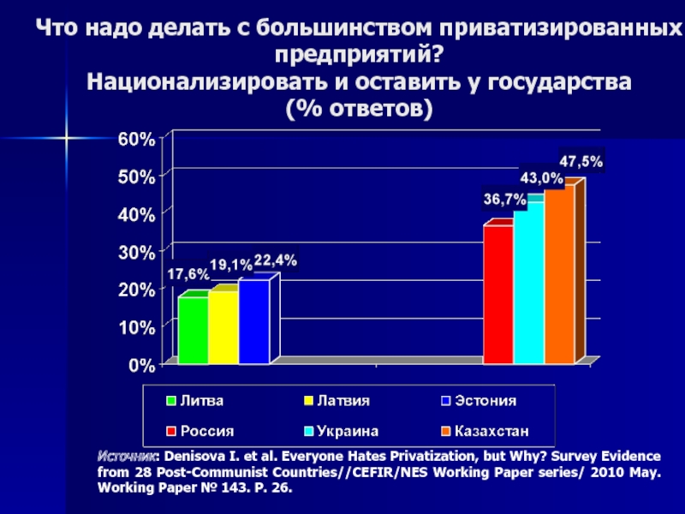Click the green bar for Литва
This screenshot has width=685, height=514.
pyautogui.click(x=194, y=330)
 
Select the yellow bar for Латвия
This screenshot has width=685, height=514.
pyautogui.click(x=223, y=327)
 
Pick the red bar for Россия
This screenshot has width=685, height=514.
pyautogui.click(x=498, y=294)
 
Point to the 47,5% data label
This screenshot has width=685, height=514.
pyautogui.click(x=581, y=162)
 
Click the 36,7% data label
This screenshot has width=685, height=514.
pyautogui.click(x=504, y=200)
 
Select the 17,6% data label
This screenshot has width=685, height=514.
pyautogui.click(x=188, y=274)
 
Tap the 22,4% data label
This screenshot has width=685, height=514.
pyautogui.click(x=276, y=260)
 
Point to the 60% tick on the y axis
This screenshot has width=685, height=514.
pyautogui.click(x=137, y=140)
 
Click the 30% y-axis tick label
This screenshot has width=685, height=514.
pyautogui.click(x=137, y=253)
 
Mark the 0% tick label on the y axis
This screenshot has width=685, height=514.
pyautogui.click(x=141, y=366)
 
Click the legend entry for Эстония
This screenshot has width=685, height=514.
pyautogui.click(x=479, y=400)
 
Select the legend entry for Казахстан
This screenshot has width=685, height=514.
pyautogui.click(x=485, y=431)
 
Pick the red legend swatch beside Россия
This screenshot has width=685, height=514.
pyautogui.click(x=171, y=432)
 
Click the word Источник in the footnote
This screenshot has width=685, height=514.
pyautogui.click(x=125, y=457)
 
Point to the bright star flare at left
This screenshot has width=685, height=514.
pyautogui.click(x=67, y=138)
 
